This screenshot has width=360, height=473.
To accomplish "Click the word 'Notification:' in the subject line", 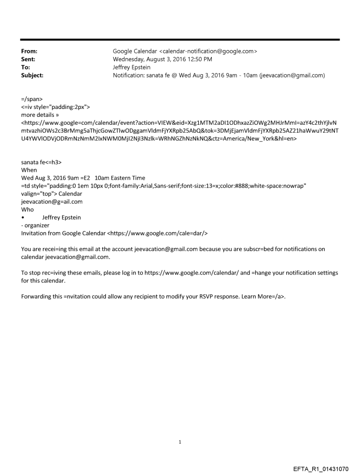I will (x=129, y=75).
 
